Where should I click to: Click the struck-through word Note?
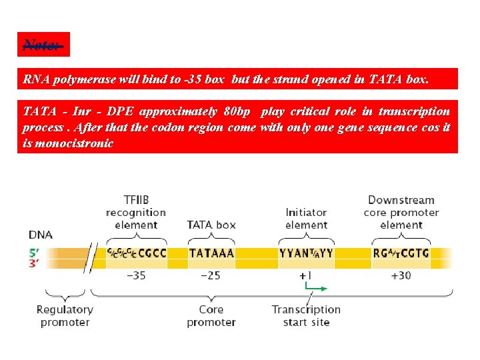43,45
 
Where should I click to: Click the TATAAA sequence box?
211,253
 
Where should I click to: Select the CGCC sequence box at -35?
136,253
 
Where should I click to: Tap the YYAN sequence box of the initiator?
306,253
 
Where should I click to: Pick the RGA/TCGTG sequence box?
401,253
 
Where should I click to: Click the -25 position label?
211,275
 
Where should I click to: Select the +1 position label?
305,275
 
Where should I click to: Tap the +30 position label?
401,275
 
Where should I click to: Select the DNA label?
40,235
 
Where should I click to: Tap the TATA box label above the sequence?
211,225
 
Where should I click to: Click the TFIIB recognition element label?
136,212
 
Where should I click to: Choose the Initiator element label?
306,219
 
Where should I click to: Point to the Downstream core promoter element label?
401,212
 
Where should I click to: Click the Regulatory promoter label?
65,316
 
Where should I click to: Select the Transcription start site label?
306,316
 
